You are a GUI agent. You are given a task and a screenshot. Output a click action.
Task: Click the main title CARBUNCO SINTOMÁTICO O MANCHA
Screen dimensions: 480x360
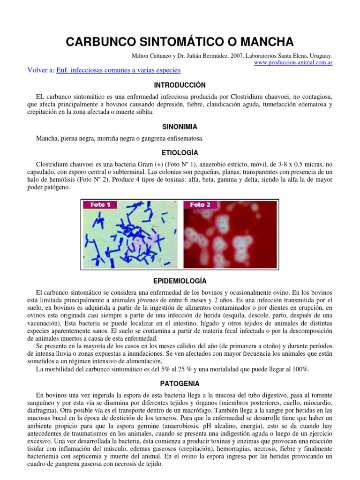[180, 42]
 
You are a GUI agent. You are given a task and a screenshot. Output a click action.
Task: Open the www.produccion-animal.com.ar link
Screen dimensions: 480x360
[293, 63]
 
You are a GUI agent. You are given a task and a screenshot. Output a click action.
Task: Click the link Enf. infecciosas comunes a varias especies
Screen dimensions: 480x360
[118, 70]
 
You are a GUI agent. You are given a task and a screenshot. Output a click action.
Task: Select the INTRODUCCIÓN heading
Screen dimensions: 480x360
[180, 85]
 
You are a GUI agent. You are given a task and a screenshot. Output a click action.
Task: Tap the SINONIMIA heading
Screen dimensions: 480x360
[180, 127]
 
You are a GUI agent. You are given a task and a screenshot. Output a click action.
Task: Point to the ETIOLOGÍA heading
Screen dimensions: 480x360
[180, 153]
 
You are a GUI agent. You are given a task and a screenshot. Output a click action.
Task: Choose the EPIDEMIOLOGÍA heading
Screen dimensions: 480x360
[180, 281]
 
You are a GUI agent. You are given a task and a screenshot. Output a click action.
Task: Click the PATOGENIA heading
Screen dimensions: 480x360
[180, 383]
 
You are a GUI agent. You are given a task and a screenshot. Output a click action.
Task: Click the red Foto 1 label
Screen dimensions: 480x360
[100, 204]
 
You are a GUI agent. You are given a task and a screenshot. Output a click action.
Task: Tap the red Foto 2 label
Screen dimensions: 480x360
[200, 204]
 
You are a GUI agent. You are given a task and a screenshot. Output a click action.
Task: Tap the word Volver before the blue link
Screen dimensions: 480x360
[38, 70]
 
